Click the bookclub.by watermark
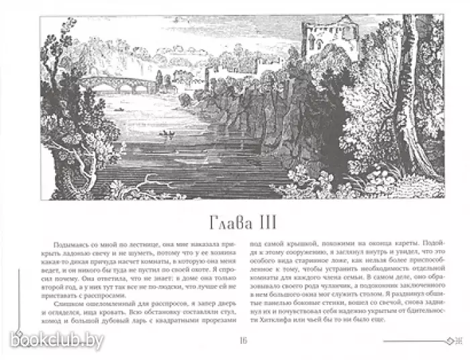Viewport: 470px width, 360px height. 56,342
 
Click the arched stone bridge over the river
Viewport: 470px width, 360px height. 117,83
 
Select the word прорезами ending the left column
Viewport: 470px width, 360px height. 209,323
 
